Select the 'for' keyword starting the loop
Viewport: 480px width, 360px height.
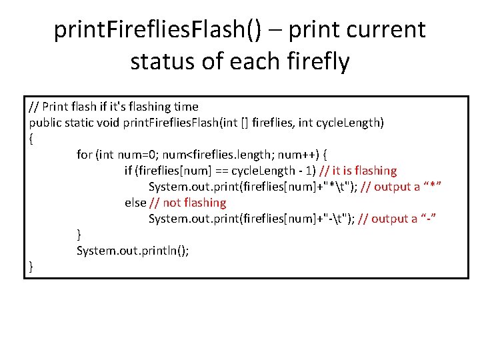tap(84, 155)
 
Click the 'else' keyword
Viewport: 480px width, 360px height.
tap(135, 203)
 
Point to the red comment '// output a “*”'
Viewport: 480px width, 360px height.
tap(402, 187)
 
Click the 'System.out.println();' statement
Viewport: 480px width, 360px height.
tap(133, 251)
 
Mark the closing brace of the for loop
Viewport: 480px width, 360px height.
tap(79, 235)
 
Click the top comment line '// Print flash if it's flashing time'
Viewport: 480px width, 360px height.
tap(113, 107)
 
